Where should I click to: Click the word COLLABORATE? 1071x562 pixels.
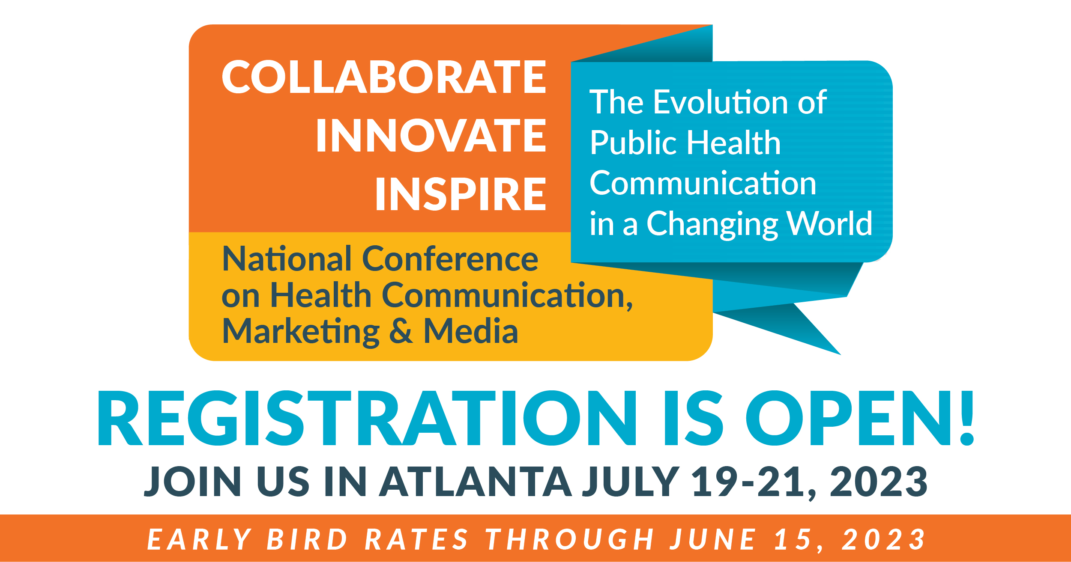(384, 77)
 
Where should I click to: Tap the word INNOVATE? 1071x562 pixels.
(431, 135)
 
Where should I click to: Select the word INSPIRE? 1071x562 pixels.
(461, 194)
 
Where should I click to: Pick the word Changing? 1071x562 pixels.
(711, 225)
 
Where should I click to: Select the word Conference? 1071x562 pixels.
(450, 259)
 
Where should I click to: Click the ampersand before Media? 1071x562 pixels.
(402, 331)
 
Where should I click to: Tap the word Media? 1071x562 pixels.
(471, 331)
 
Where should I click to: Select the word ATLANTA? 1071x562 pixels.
(476, 482)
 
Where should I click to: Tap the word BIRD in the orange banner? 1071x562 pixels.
(307, 539)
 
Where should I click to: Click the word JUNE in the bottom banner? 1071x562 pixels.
(713, 539)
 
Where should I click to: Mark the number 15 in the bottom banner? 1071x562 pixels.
(794, 539)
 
